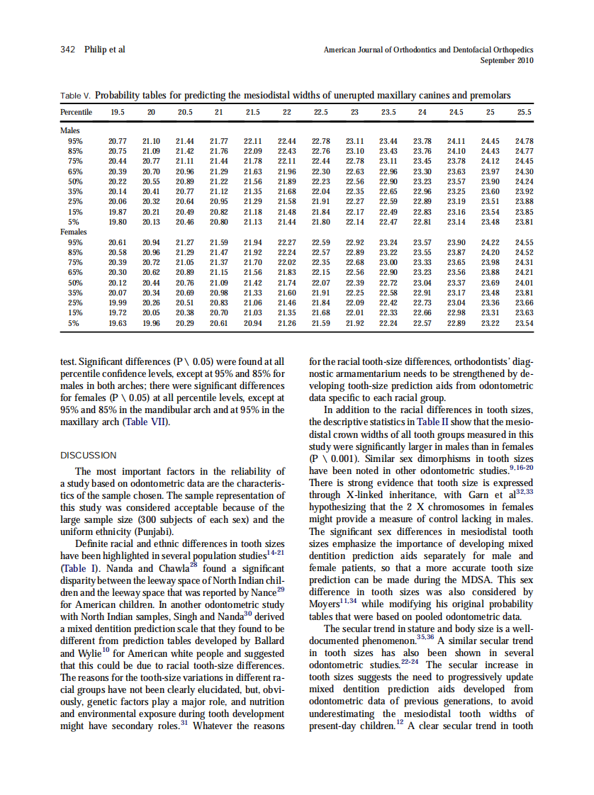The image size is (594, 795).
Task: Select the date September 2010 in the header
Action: (x=506, y=60)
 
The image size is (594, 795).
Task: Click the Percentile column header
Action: (x=76, y=112)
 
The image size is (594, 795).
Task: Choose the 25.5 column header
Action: (x=524, y=112)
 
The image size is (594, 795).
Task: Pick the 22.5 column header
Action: (x=320, y=112)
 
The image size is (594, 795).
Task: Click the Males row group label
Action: (x=69, y=130)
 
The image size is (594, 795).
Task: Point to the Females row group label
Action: (x=73, y=232)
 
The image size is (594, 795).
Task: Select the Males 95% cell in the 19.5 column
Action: (x=118, y=141)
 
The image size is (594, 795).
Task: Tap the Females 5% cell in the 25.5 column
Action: (x=524, y=323)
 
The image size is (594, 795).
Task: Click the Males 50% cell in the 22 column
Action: (x=286, y=181)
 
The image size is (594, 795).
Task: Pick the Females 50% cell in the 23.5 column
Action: (x=388, y=283)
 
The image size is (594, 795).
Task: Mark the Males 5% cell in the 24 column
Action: (x=422, y=222)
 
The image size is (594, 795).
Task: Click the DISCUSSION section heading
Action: (x=89, y=455)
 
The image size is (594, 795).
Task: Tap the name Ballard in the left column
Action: (x=265, y=641)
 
